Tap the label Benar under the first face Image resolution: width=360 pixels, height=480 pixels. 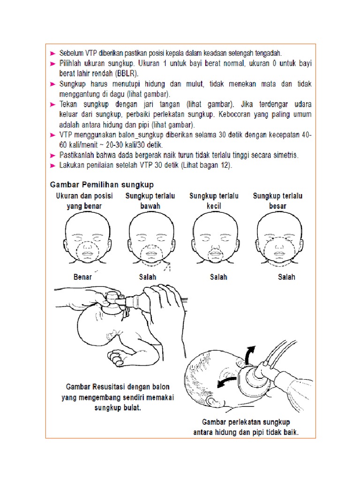83,277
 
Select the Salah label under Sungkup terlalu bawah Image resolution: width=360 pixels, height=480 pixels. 147,277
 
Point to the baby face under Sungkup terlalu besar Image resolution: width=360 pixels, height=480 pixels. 276,239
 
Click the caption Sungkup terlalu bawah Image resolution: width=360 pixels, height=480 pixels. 150,201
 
